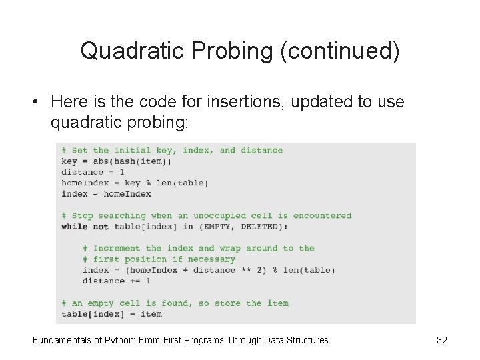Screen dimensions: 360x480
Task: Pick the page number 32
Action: click(x=441, y=340)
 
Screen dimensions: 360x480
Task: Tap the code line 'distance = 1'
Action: click(x=93, y=172)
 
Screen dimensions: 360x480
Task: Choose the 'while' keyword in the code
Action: click(x=74, y=227)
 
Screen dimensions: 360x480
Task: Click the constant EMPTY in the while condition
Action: click(x=217, y=227)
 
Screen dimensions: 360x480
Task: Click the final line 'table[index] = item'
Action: click(x=111, y=314)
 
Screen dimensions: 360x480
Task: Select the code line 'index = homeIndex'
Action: click(x=106, y=194)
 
